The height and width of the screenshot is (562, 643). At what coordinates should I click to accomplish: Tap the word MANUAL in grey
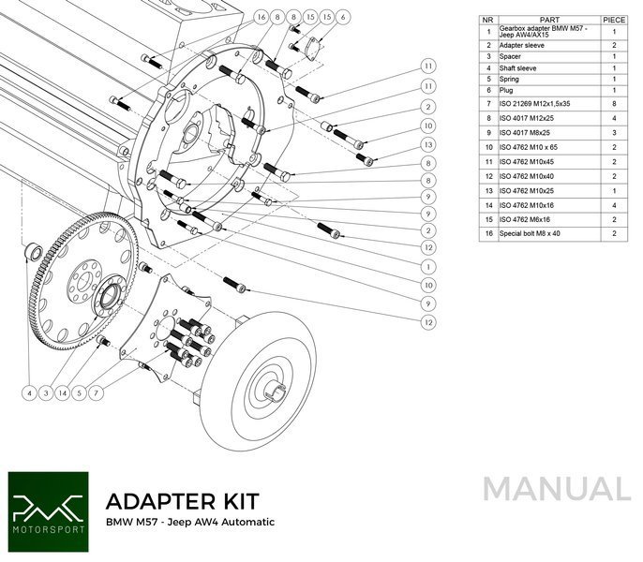point(557,490)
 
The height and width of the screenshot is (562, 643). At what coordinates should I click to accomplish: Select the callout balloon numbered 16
point(262,18)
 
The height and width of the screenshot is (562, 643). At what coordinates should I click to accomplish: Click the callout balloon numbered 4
point(29,392)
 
